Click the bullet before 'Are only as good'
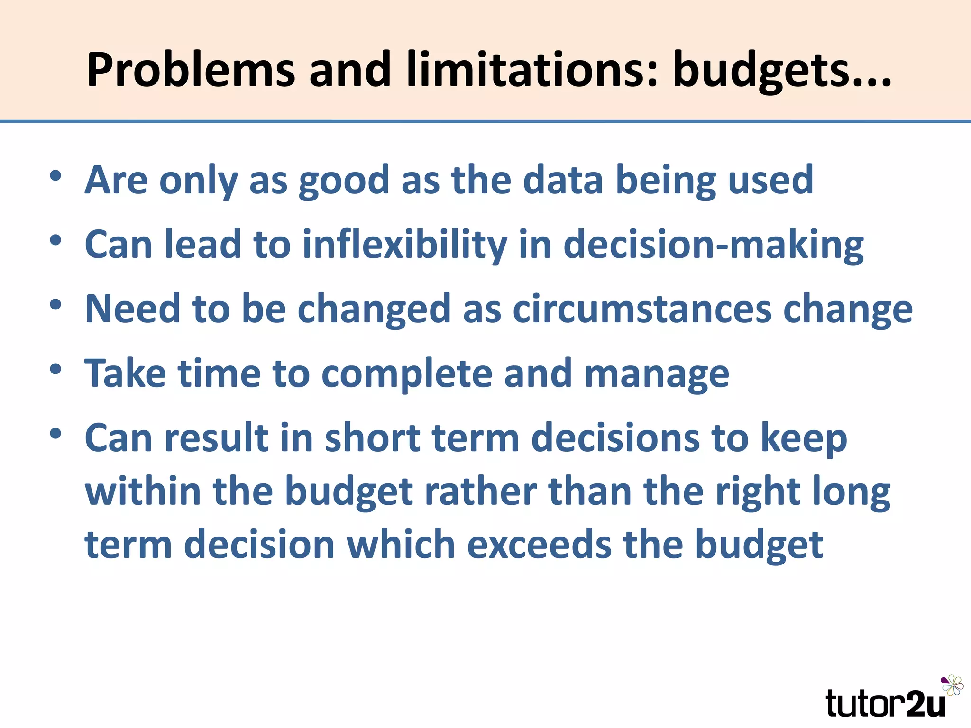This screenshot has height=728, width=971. coord(55,176)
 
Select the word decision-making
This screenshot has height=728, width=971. coord(713,245)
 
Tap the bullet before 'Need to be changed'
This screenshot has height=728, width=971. coord(55,305)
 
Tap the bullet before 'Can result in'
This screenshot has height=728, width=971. coord(55,434)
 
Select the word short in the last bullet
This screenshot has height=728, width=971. coord(373,438)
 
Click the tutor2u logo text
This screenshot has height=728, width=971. coord(885,703)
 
